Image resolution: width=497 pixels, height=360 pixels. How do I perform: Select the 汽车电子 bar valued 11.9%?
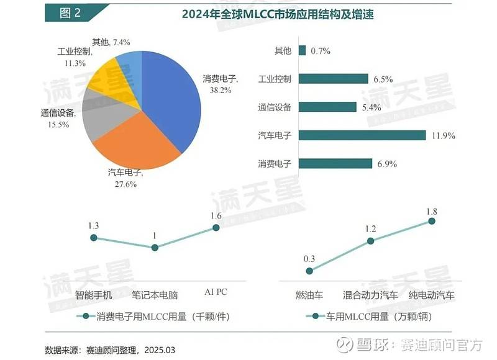click(362, 135)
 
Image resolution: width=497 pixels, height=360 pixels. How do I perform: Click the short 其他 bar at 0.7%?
click(302, 51)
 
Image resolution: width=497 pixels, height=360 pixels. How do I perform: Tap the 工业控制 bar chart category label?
click(275, 79)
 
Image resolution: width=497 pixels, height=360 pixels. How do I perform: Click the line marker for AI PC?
click(216, 228)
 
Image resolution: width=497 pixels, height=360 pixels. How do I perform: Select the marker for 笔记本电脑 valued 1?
click(155, 247)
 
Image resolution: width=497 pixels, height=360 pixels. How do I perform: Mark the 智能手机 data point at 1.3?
click(94, 238)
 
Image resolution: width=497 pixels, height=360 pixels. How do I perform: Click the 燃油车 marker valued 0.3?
click(310, 271)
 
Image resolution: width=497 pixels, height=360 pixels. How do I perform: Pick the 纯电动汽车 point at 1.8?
click(432, 220)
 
